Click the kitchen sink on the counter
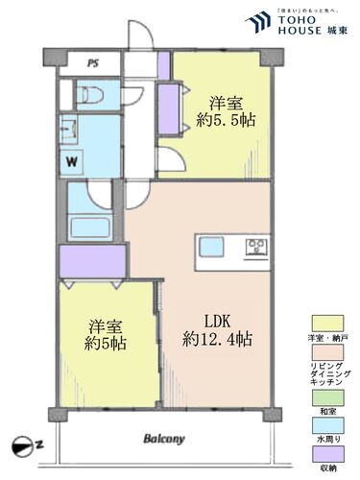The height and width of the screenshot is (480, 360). pos(209,246)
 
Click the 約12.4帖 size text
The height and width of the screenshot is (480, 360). pos(218,339)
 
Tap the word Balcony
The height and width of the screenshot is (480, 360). pos(164,440)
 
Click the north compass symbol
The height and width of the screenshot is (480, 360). pos(23,443)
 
